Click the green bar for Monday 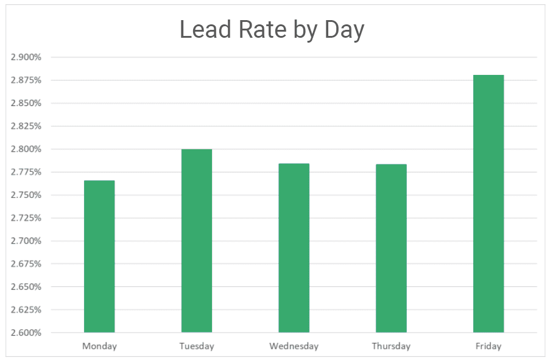[x=99, y=256]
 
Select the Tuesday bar [x=197, y=241]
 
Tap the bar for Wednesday [x=294, y=247]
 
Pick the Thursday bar [x=391, y=248]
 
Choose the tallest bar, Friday [x=488, y=203]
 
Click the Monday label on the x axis [x=99, y=346]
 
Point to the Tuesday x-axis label [x=197, y=346]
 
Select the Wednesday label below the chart [x=294, y=346]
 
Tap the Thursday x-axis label [x=391, y=346]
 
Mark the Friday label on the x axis [x=488, y=346]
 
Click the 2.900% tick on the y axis [x=26, y=57]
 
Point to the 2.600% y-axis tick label [x=26, y=333]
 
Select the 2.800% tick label [x=26, y=149]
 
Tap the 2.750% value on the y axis [x=26, y=195]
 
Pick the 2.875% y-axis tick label [x=26, y=80]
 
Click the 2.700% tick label [x=26, y=241]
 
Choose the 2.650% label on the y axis [x=26, y=287]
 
